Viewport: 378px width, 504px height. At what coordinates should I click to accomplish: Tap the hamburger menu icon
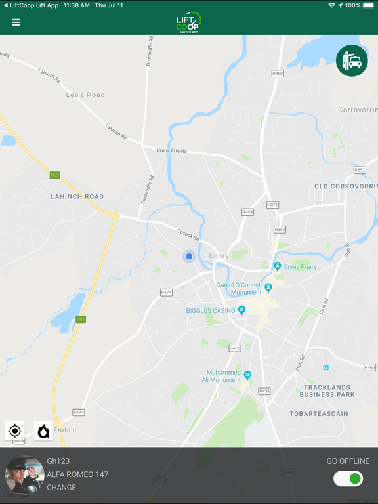point(16,22)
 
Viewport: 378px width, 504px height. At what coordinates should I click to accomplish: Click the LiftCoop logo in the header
point(189,23)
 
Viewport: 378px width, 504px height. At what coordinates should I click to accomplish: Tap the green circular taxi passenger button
point(352,60)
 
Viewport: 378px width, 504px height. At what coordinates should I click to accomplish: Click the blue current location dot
point(189,257)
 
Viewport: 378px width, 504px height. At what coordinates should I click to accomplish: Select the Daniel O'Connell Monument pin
point(268,288)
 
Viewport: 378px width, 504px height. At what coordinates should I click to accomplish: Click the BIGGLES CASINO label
point(211,310)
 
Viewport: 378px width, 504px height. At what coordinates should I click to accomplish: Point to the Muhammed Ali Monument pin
point(247,375)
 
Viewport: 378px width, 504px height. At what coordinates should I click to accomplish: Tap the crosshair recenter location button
point(15,431)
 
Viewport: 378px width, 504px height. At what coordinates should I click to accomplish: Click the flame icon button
point(43,431)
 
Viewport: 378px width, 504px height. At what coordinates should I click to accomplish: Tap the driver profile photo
point(25,474)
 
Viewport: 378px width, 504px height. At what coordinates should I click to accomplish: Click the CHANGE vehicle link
point(62,488)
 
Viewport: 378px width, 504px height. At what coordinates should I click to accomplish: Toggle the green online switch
point(348,478)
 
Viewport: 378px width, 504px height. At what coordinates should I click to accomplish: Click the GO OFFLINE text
point(348,461)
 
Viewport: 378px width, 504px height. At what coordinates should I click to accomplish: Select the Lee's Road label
point(85,95)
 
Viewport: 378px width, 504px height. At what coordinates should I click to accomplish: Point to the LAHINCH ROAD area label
point(77,196)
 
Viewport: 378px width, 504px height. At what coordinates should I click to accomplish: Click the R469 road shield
point(369,367)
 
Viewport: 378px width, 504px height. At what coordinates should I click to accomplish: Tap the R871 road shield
point(272,205)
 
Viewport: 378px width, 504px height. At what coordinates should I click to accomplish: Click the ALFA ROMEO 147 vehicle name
point(77,474)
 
